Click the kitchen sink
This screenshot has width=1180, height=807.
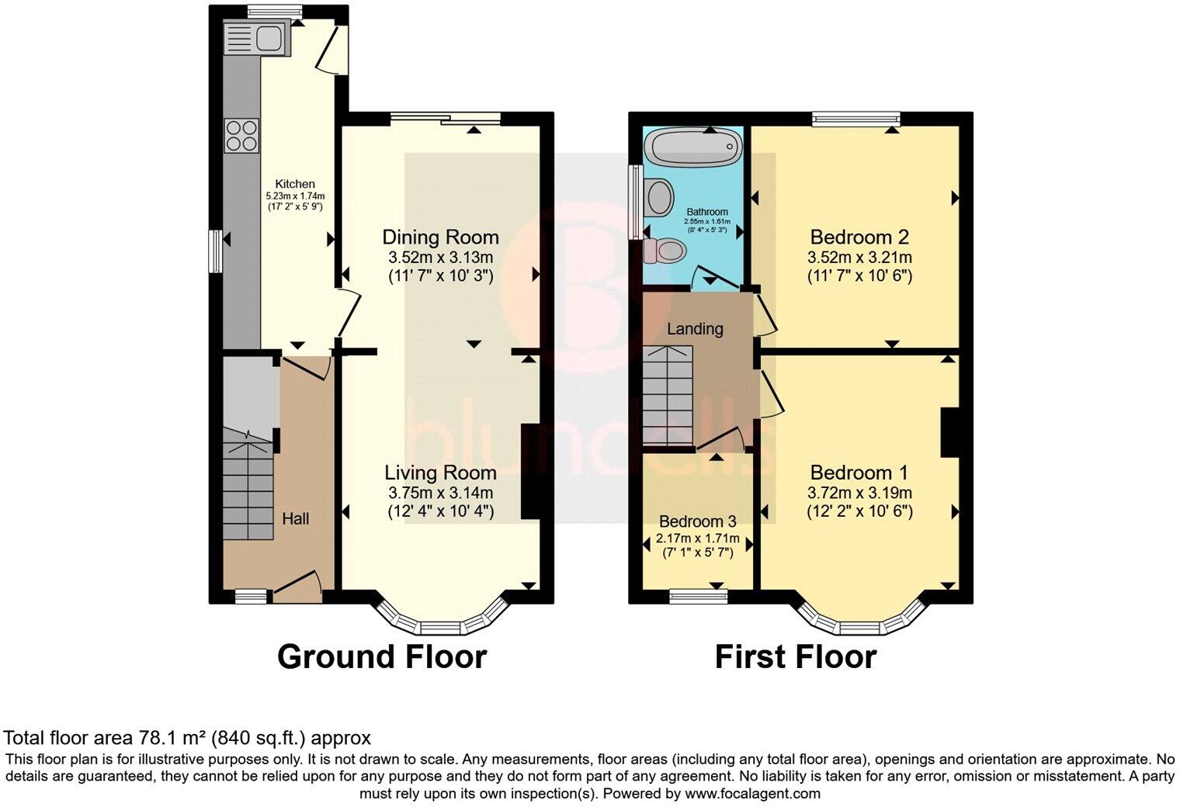click(x=257, y=38)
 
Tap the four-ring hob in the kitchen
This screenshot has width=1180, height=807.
click(x=241, y=135)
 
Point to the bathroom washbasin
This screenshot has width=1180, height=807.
click(x=659, y=197)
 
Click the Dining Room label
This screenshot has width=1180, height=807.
click(x=440, y=237)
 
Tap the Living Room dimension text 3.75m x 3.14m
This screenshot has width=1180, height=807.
click(x=440, y=493)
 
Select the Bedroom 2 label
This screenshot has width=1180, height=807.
click(x=859, y=237)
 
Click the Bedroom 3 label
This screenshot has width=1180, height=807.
click(x=697, y=521)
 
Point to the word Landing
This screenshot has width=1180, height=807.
click(x=695, y=330)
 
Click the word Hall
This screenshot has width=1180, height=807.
click(x=295, y=519)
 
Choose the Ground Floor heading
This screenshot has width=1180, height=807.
click(x=382, y=657)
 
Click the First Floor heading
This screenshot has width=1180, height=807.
click(x=796, y=657)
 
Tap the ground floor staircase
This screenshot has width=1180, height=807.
click(x=248, y=483)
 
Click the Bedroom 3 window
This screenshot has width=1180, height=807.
click(x=699, y=596)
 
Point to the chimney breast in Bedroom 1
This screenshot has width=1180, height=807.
click(x=949, y=432)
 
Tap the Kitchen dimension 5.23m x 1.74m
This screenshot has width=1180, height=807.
click(x=295, y=196)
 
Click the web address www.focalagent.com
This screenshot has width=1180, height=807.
click(x=752, y=793)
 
